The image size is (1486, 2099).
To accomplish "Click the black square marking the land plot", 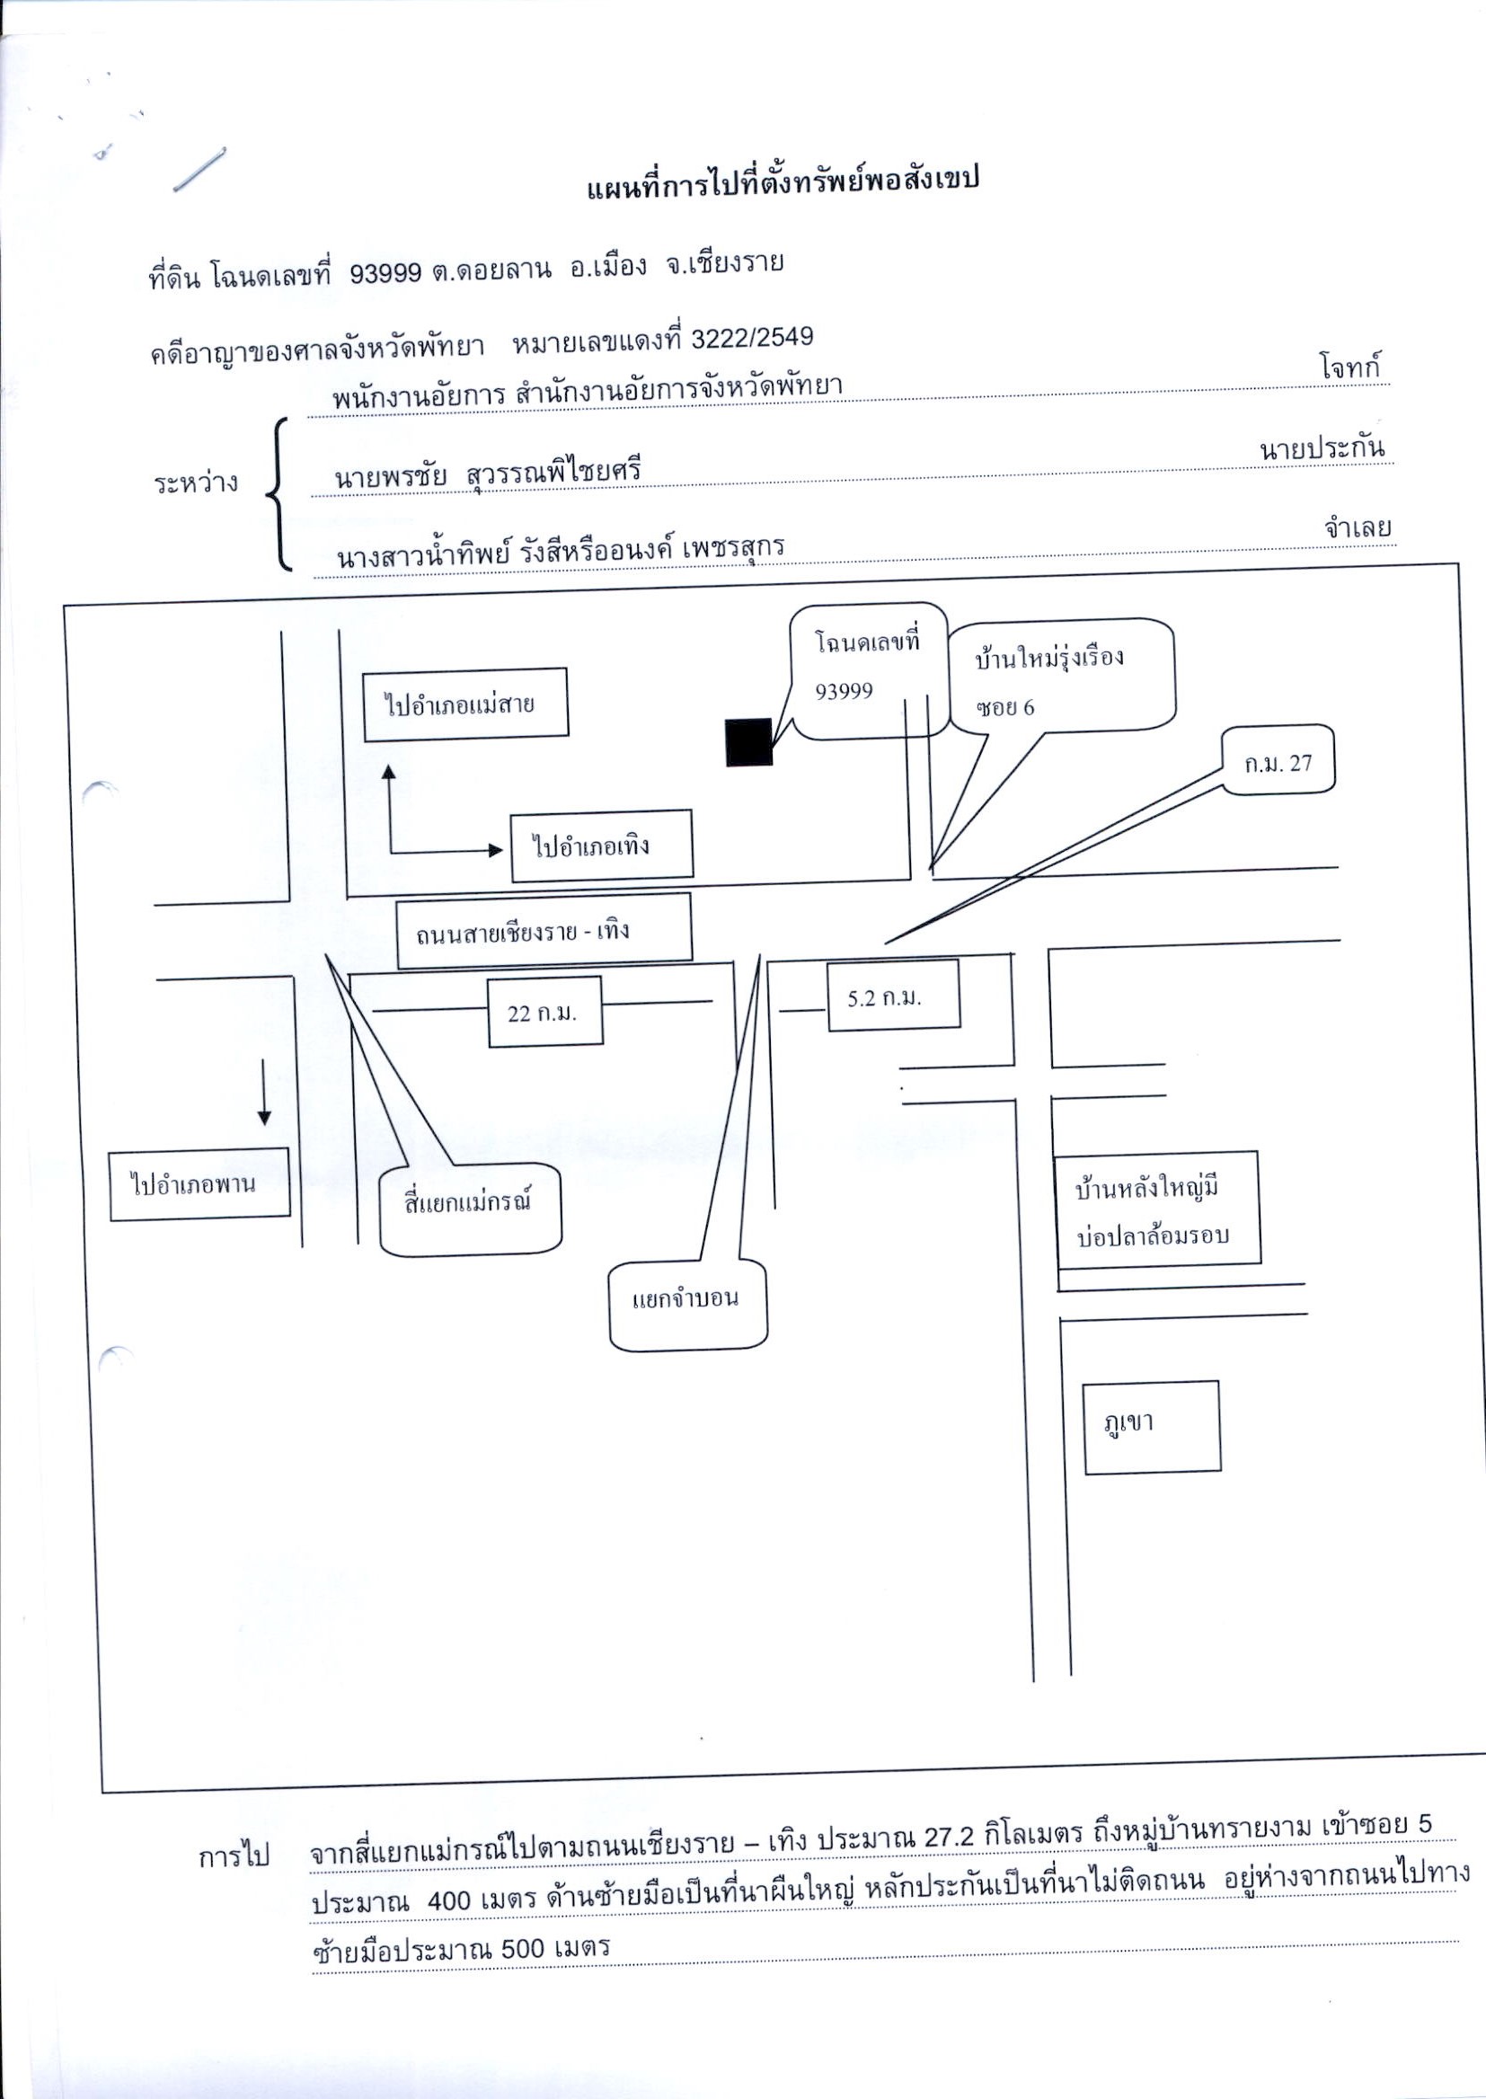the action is tap(749, 742).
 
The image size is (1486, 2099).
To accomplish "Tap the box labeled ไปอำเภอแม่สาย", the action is tap(465, 704).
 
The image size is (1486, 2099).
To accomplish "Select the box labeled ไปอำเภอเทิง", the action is tap(601, 846).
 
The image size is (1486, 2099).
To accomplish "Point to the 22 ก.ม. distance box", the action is tap(545, 1011).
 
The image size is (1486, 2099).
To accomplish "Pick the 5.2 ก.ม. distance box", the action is tap(894, 996).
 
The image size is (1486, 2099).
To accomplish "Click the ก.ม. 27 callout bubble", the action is tap(1279, 760).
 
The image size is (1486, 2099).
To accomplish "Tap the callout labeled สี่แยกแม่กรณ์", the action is tap(470, 1209).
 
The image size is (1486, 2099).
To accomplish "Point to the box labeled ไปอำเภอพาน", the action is tap(200, 1184).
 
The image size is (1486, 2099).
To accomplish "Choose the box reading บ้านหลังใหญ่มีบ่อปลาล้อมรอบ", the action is tap(1158, 1210).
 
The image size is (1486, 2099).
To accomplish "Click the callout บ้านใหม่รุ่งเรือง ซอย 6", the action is tap(1061, 678).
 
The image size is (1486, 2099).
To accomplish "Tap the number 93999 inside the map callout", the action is tap(844, 691).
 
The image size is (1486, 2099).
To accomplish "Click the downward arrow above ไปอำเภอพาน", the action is tap(264, 1092).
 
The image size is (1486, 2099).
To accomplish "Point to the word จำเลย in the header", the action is tap(1356, 528).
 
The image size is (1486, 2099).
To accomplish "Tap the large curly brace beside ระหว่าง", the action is tap(278, 495).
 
